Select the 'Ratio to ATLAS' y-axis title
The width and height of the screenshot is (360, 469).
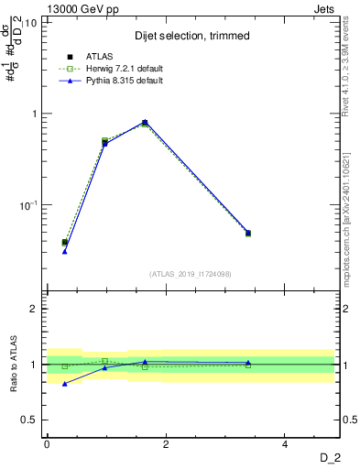pos(14,364)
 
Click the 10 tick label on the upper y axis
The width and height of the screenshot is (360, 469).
pos(30,22)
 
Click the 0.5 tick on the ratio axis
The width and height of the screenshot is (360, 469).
pos(28,420)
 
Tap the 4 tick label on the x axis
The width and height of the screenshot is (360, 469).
pos(286,445)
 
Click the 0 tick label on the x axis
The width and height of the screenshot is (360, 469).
pos(47,445)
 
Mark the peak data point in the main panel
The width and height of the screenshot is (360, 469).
pos(145,122)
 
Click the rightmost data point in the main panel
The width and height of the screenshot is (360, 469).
pos(248,233)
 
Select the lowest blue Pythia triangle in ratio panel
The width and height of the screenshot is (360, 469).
pos(64,384)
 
